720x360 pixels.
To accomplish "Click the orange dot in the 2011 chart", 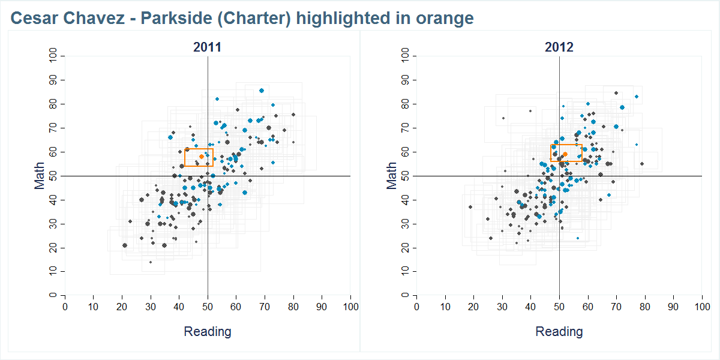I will click(202, 157).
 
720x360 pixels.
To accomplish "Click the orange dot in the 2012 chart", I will click(565, 154).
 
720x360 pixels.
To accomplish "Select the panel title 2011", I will click(207, 47).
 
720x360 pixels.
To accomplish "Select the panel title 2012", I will click(559, 47).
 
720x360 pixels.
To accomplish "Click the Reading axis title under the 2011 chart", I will click(207, 331).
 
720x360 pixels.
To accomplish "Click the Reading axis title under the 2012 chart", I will click(559, 331).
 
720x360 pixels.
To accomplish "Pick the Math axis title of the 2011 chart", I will click(40, 175).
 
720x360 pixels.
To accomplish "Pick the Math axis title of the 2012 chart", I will click(392, 175).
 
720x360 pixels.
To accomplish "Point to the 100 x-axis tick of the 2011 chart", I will click(350, 307).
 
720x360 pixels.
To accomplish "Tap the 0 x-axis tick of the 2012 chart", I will click(417, 307).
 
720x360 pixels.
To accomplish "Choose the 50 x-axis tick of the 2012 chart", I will click(559, 307).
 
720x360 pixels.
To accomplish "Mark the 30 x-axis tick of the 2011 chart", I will click(151, 307).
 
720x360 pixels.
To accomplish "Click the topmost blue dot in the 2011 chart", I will click(262, 91).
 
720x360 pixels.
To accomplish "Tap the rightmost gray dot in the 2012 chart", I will click(642, 164).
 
